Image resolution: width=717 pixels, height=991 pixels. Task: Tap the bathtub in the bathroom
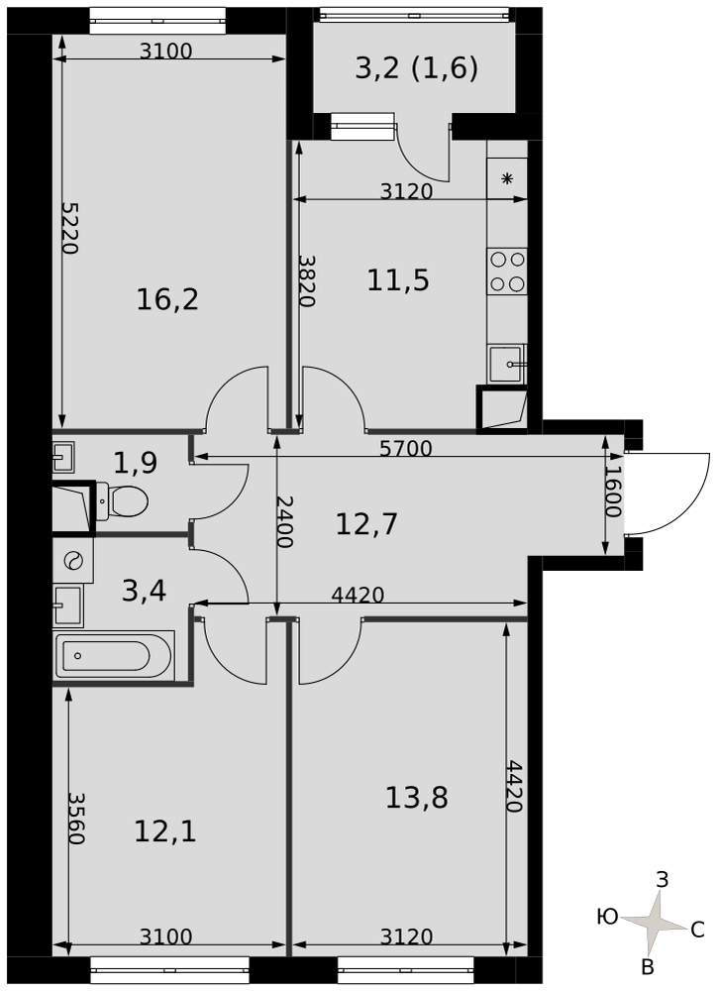click(x=114, y=656)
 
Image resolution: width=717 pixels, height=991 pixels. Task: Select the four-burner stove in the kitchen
click(x=507, y=272)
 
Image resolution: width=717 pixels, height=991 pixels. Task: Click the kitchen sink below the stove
click(x=506, y=364)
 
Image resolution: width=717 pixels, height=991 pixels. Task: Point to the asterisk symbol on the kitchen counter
click(x=507, y=179)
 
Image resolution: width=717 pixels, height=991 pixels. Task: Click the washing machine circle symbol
click(x=73, y=559)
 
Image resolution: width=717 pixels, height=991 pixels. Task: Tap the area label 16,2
click(x=167, y=299)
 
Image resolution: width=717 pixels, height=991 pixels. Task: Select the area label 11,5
click(x=398, y=280)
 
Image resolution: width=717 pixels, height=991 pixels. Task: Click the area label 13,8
click(x=417, y=798)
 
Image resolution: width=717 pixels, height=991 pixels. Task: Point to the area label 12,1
click(x=165, y=831)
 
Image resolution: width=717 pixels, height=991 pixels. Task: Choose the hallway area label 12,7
click(x=366, y=524)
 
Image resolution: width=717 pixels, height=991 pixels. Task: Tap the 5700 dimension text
click(x=406, y=448)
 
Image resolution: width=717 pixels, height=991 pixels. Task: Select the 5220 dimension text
click(x=69, y=228)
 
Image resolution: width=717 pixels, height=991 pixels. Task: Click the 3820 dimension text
click(x=306, y=280)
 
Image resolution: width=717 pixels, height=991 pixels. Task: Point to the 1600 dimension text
click(x=613, y=492)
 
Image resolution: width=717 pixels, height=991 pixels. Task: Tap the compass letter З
click(x=663, y=879)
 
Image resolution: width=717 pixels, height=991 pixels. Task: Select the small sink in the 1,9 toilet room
click(x=63, y=456)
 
